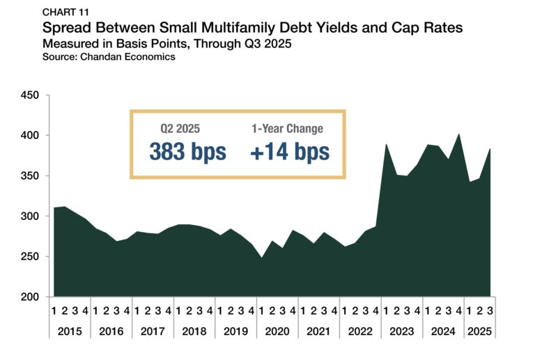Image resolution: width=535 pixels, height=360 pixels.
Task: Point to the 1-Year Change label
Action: [x=287, y=130]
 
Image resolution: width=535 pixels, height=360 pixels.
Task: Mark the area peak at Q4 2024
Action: [x=458, y=134]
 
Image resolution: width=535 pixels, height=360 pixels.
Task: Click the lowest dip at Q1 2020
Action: [x=261, y=258]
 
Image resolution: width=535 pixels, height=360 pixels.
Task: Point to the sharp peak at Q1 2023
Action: [x=386, y=144]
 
